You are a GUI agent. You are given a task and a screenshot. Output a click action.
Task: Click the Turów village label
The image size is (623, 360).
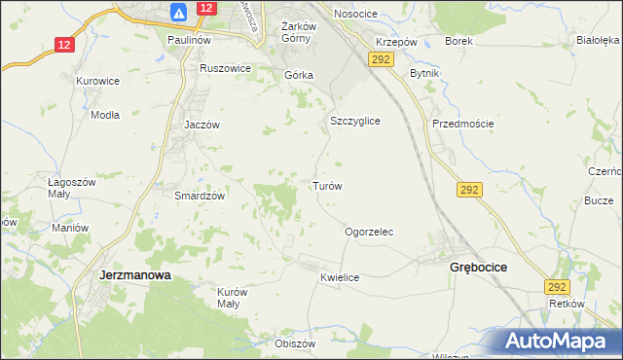click(x=326, y=185)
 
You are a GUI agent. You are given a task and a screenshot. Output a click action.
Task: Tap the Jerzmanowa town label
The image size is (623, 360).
click(x=136, y=275)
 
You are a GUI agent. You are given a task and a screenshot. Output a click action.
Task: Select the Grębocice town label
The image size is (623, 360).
click(x=481, y=267)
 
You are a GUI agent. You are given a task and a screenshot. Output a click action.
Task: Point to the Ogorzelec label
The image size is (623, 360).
click(x=369, y=232)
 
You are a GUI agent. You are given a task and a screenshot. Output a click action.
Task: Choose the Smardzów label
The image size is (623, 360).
click(x=200, y=195)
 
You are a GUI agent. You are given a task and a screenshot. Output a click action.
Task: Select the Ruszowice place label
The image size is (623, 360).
click(x=226, y=68)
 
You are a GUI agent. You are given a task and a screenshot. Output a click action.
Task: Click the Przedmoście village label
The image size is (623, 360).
click(x=463, y=124)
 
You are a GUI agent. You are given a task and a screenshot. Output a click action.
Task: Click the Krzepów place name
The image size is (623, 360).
click(x=397, y=43)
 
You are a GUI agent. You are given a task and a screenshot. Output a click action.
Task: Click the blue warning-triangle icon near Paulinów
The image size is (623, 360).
click(x=178, y=13)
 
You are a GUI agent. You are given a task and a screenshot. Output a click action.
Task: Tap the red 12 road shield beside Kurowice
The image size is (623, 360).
click(x=63, y=45)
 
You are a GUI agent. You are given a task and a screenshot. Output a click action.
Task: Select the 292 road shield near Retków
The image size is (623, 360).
click(x=556, y=287)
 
